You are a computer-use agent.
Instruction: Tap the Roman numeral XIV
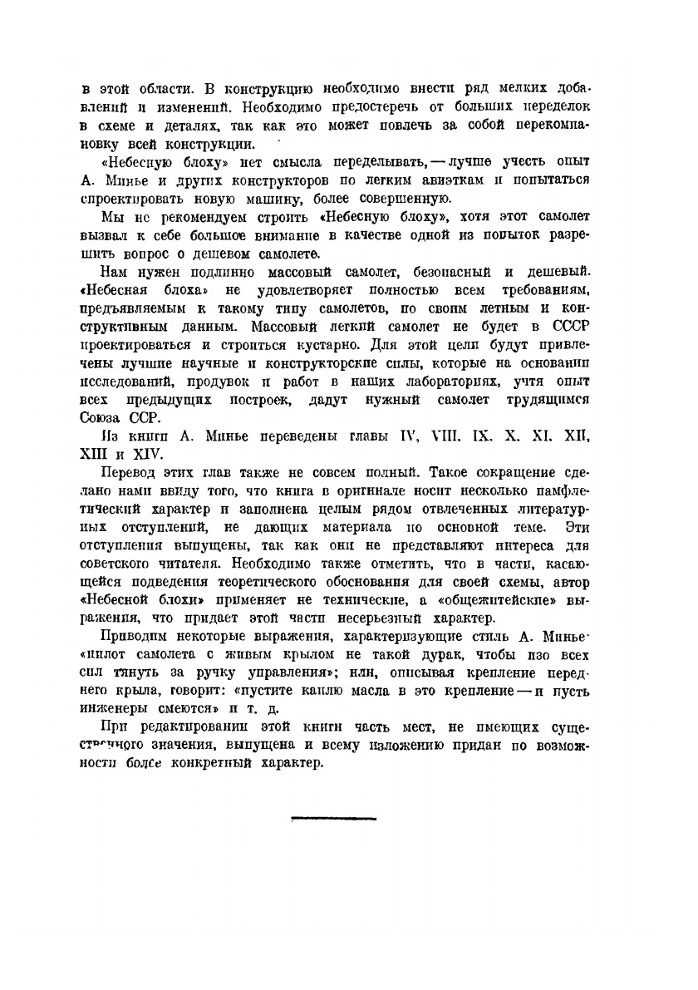pos(151,453)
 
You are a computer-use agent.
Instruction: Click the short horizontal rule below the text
pos(333,818)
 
